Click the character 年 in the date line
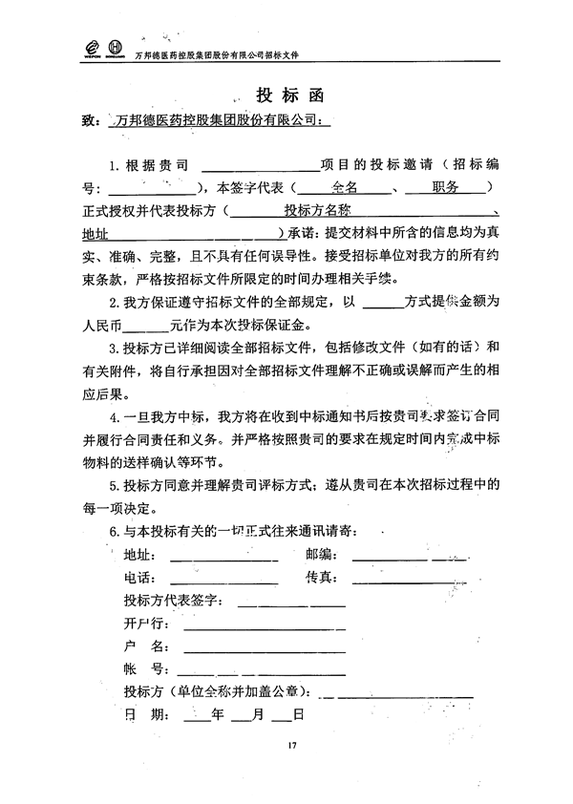coord(217,713)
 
